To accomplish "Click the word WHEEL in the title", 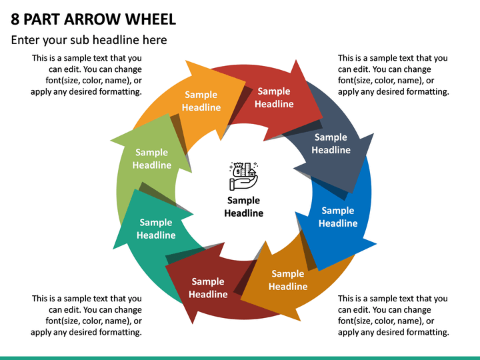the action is tap(150, 19).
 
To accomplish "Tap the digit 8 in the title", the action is tap(15, 19).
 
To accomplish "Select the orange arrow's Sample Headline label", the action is tap(201, 101).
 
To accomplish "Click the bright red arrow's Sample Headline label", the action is tap(274, 97).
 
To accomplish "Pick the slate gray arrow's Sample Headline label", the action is tap(331, 143).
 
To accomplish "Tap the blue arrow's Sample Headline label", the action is tap(338, 217).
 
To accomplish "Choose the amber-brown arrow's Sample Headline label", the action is tap(288, 280).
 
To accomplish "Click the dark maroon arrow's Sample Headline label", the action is tap(208, 288).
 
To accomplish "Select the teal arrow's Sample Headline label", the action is tap(156, 229).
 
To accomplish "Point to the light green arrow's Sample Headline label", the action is tap(152, 159).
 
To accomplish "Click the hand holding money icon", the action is tap(244, 176).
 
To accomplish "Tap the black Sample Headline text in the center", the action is tap(244, 207).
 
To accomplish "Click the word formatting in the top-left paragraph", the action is tap(122, 92).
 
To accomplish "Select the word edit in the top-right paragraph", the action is tap(361, 69).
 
